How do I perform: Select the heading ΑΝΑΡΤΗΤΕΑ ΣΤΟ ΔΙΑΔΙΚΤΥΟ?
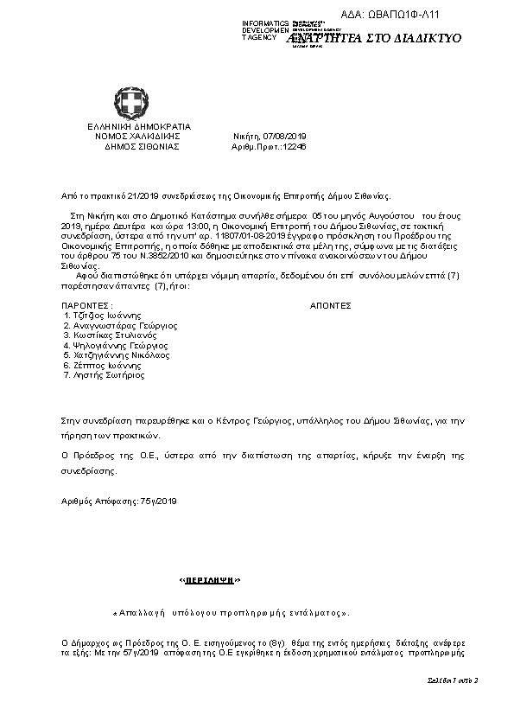tap(373, 39)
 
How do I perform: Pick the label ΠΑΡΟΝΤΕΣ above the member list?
tap(87, 306)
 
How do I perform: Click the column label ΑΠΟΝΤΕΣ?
tap(330, 306)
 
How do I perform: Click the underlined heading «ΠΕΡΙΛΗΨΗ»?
tap(210, 578)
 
